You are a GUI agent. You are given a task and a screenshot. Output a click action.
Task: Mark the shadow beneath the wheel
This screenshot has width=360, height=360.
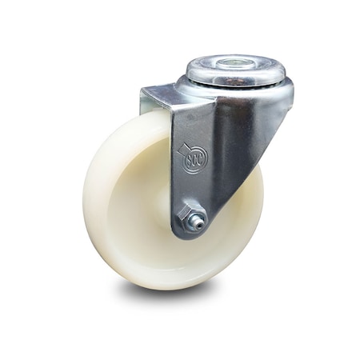184,300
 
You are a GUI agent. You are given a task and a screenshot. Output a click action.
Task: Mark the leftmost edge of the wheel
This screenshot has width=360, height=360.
84,204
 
